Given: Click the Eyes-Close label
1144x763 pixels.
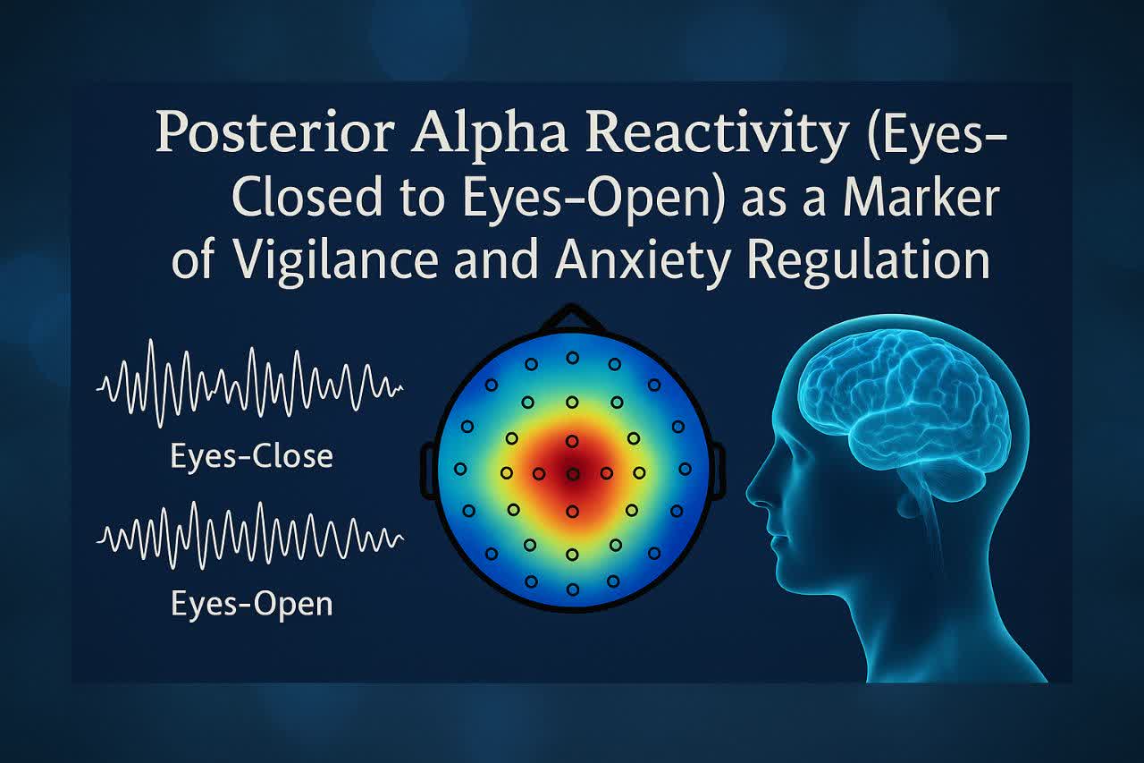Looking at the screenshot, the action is pyautogui.click(x=252, y=456).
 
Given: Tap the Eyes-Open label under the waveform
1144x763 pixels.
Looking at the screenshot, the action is pyautogui.click(x=252, y=604).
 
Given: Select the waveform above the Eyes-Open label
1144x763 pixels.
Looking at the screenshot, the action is pyautogui.click(x=250, y=536).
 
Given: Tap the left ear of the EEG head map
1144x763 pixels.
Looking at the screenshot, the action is pyautogui.click(x=428, y=471).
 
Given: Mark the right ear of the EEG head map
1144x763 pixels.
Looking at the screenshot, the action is pyautogui.click(x=717, y=471).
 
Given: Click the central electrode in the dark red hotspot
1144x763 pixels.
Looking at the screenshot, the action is pyautogui.click(x=573, y=474).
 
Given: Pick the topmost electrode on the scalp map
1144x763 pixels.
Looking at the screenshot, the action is pyautogui.click(x=573, y=358).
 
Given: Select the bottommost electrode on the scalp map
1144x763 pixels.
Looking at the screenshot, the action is pyautogui.click(x=573, y=589).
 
